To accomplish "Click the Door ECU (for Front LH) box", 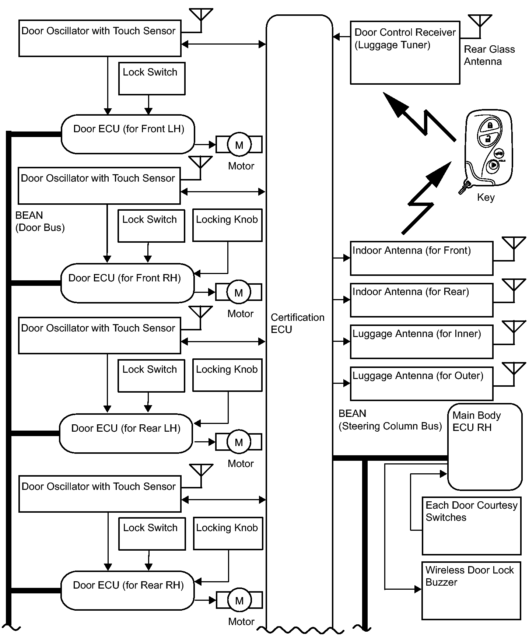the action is coord(127,134).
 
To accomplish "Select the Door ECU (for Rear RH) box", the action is coord(127,590).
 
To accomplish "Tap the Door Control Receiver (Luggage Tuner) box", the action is coord(405,53).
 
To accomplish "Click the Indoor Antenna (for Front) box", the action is coord(421,258).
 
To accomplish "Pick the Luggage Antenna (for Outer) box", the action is coord(421,383).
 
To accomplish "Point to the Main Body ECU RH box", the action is coord(485,447).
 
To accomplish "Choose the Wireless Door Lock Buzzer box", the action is coord(471,590).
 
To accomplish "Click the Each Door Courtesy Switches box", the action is coord(472,526).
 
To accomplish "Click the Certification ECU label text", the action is coord(298,323).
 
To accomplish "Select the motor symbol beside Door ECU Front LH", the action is coord(239,144).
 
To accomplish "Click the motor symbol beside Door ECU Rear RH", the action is coord(239,600).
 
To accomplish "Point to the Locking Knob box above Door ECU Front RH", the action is coord(227,225).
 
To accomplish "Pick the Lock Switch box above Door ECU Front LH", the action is coord(152,78).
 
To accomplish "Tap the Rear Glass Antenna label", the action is coord(489,55).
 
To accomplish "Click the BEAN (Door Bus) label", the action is coord(40,221).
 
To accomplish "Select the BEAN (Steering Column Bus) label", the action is coord(390,420).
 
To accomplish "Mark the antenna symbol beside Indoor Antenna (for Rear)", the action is coord(514,290).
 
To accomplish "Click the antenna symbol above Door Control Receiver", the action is coord(480,26).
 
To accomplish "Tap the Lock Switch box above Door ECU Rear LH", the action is coord(151,376).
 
